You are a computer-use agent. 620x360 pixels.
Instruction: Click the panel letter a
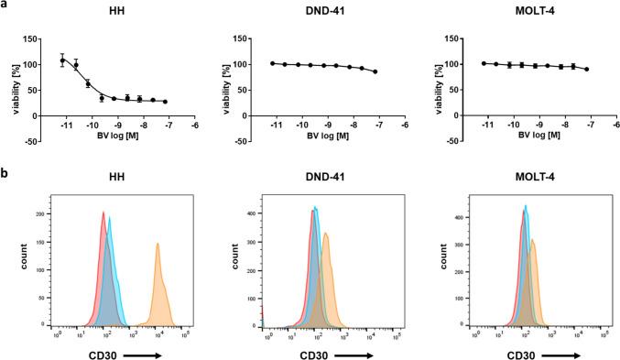(5, 5)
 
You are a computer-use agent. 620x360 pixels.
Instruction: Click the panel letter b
(5, 169)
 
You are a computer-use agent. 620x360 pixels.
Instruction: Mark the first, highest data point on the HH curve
(62, 60)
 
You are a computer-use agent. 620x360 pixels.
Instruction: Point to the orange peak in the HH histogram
(158, 245)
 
